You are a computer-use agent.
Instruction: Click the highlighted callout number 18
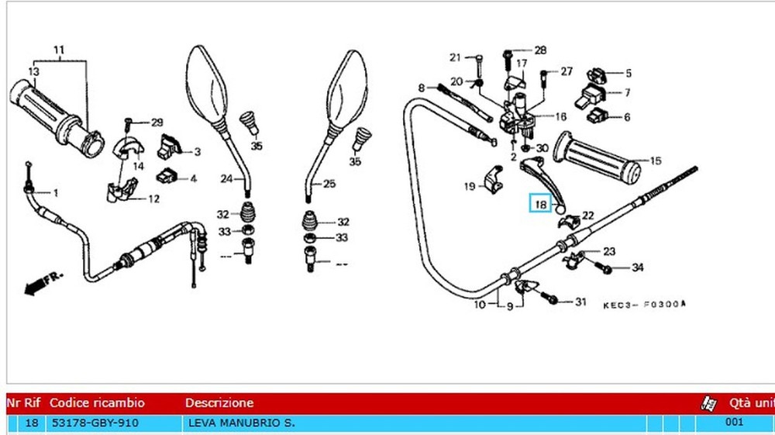point(540,205)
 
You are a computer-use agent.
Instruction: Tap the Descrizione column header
point(219,403)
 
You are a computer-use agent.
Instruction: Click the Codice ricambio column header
point(97,403)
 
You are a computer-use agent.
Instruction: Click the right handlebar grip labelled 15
point(600,158)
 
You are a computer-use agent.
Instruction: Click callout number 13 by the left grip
point(33,72)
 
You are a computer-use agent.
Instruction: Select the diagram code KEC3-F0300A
point(645,305)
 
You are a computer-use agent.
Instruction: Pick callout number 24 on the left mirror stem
point(226,179)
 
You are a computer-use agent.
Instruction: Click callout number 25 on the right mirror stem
point(329,184)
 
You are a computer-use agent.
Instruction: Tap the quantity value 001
point(735,423)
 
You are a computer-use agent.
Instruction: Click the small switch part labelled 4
point(164,174)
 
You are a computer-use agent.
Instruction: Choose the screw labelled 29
point(129,122)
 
